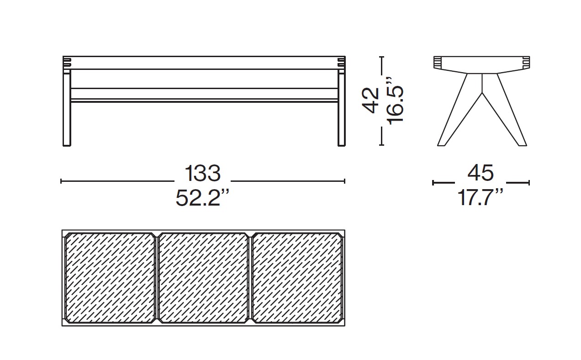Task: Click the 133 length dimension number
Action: [202, 174]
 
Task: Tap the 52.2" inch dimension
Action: [202, 198]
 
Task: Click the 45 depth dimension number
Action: [481, 174]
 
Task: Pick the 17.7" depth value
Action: [481, 198]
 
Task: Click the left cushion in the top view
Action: [110, 278]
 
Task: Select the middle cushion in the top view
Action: [203, 278]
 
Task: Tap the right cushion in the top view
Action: [296, 278]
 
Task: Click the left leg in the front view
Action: [67, 110]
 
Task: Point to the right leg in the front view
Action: [341, 110]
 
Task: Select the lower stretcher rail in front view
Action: [204, 100]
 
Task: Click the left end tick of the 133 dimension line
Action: [62, 181]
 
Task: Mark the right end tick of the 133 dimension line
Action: [344, 181]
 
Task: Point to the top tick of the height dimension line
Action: [382, 57]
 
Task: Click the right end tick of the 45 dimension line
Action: [528, 183]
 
